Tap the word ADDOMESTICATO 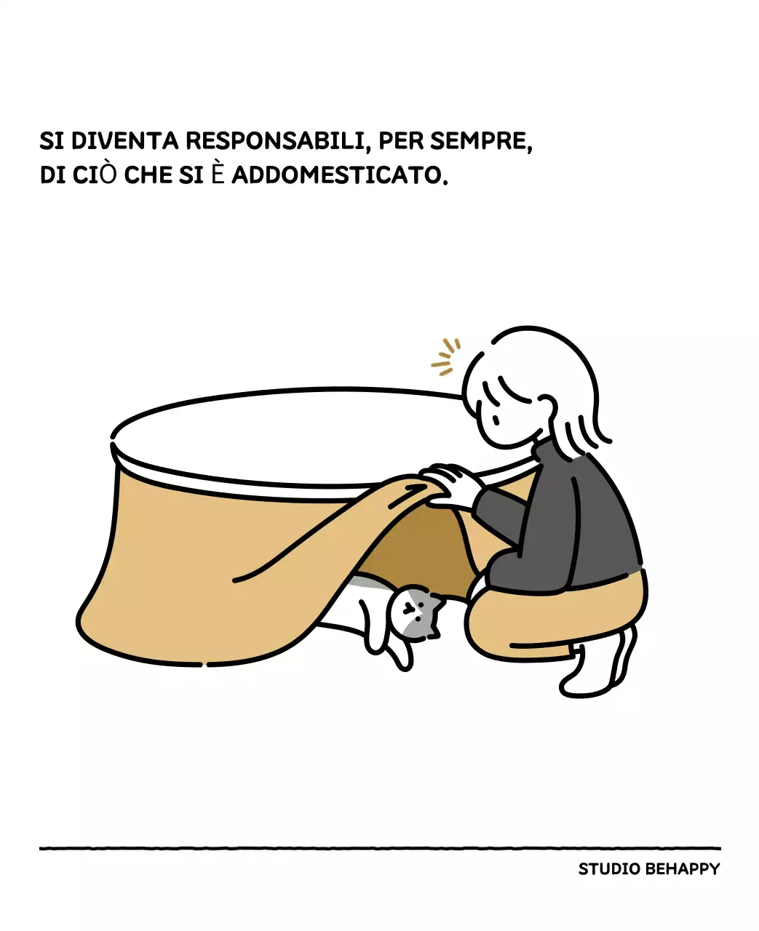point(339,175)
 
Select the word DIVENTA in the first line point(124,140)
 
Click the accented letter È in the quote point(218,175)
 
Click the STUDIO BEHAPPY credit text point(648,869)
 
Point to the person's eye point(494,419)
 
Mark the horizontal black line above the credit point(379,848)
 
